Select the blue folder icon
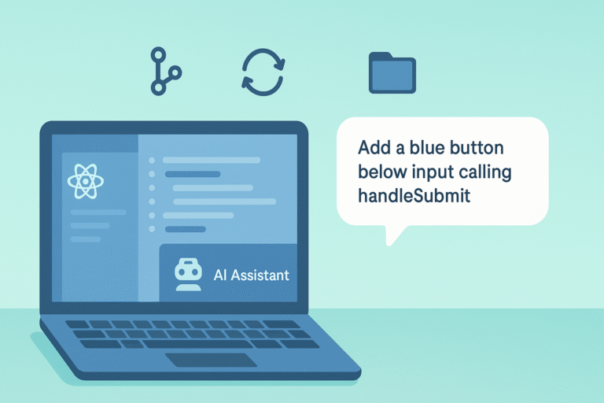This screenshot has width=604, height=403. [x=392, y=72]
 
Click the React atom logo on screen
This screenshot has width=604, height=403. [x=86, y=182]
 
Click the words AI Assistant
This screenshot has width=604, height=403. [x=252, y=275]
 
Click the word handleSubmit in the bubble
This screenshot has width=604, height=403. [x=414, y=196]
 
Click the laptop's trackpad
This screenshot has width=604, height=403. [x=211, y=360]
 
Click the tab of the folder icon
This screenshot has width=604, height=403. [x=379, y=56]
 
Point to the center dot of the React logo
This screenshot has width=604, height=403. [x=86, y=182]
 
